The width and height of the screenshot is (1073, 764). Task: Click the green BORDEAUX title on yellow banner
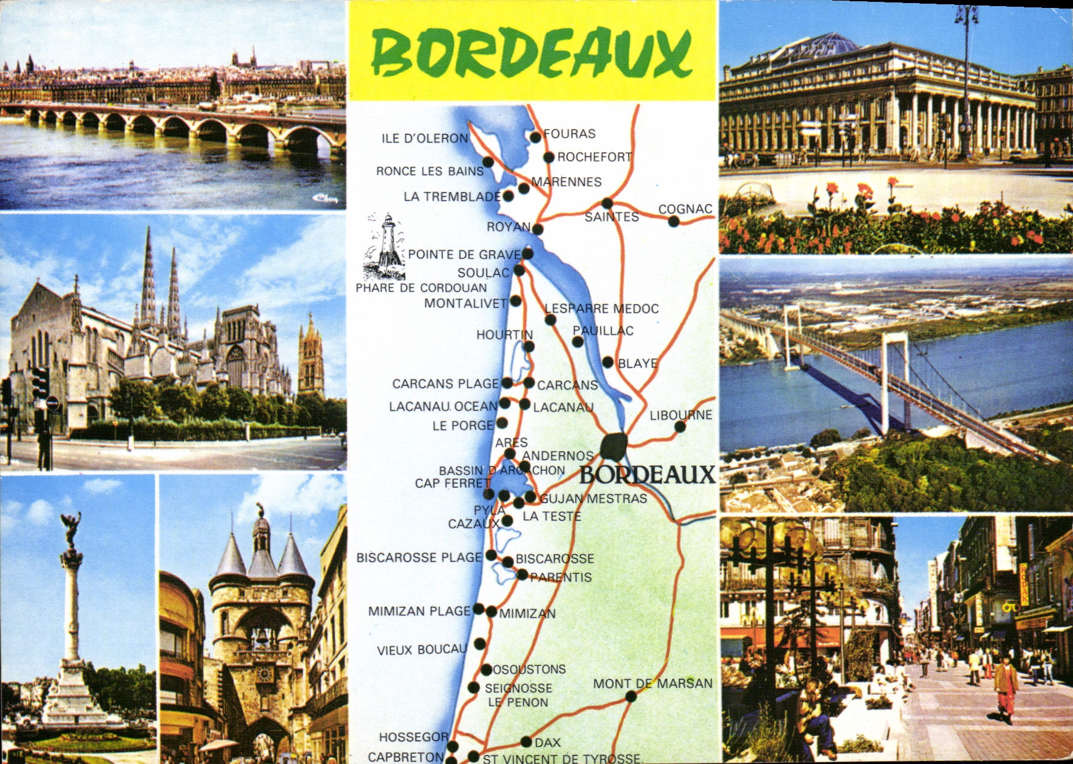tap(532, 52)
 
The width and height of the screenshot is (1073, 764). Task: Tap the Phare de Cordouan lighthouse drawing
tap(385, 247)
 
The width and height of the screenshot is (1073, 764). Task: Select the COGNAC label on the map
tap(685, 209)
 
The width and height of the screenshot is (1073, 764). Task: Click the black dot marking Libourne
tap(680, 426)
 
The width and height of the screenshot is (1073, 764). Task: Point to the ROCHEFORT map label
tap(594, 157)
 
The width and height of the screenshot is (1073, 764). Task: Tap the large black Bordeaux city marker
tap(614, 446)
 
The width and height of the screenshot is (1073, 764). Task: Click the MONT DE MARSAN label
tap(653, 683)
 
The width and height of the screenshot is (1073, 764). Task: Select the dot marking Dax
tap(526, 742)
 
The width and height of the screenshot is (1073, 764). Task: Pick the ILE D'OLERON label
tap(425, 139)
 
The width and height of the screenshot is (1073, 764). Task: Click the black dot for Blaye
tap(608, 363)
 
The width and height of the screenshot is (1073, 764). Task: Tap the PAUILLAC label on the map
tap(603, 331)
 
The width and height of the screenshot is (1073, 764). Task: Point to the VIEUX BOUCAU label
tap(422, 650)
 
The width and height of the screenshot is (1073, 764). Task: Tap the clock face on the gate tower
tap(265, 674)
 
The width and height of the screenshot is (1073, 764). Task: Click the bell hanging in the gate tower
tap(262, 638)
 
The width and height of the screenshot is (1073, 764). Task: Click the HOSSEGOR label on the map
tap(413, 737)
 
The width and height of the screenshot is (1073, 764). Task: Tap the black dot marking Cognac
tap(673, 222)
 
